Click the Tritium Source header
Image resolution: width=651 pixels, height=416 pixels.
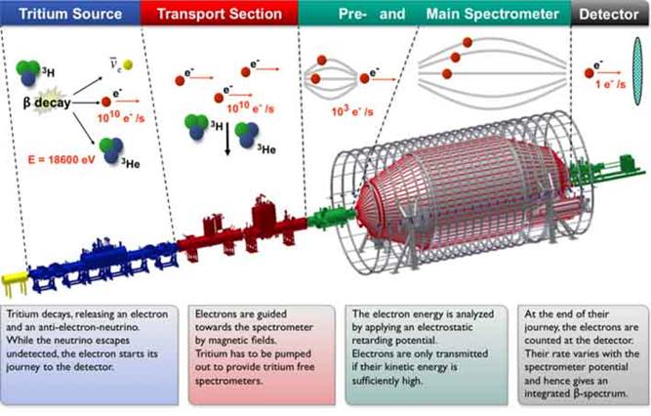pyautogui.click(x=70, y=14)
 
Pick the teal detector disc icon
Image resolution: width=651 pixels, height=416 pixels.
pyautogui.click(x=633, y=77)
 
